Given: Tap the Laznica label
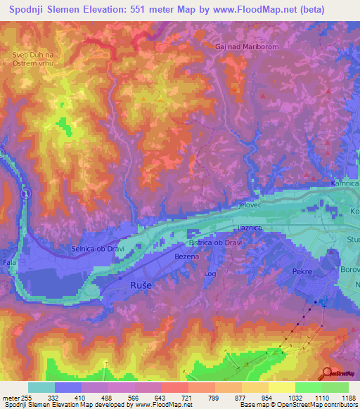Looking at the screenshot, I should coord(250,228).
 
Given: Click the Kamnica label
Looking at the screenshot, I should coord(345,183).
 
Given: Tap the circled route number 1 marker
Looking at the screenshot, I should coord(25,193).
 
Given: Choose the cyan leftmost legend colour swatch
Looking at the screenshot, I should coord(41,387).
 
